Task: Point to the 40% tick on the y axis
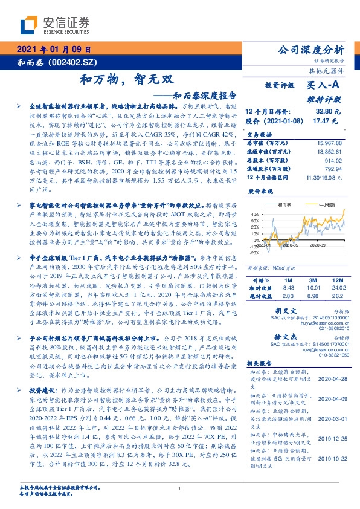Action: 254,214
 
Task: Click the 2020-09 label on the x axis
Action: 318,245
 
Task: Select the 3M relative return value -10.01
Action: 312,288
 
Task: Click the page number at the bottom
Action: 180,488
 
